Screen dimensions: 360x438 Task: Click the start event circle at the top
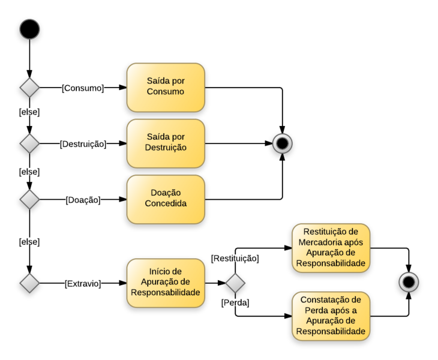point(29,29)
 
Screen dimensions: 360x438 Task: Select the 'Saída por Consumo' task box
point(166,88)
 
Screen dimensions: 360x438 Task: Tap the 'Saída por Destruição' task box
point(166,143)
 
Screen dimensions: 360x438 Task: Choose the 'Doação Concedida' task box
point(166,199)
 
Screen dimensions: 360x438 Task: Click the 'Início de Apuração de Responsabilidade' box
point(166,283)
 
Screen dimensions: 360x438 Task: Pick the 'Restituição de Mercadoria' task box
point(331,248)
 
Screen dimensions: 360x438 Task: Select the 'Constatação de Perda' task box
point(331,316)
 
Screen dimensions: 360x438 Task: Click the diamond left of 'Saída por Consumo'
point(29,88)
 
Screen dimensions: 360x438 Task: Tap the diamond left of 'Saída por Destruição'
point(29,143)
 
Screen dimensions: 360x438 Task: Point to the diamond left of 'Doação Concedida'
point(29,199)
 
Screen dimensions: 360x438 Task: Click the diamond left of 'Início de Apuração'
point(29,283)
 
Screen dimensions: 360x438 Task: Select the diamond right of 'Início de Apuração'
point(235,283)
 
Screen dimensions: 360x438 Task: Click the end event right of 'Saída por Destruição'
point(282,143)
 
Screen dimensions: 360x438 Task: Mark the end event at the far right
point(409,281)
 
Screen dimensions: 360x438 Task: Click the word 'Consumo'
point(166,92)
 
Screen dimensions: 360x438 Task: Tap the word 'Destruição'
point(166,148)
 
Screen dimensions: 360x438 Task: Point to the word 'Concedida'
point(166,203)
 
